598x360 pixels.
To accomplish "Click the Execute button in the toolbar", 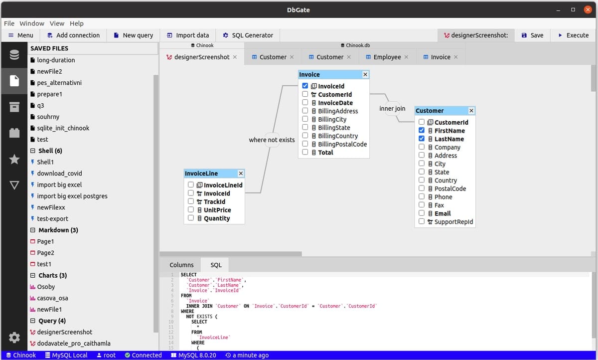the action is (x=573, y=35).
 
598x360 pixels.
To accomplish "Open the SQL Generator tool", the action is (x=248, y=35).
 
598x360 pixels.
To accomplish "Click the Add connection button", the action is (x=73, y=35).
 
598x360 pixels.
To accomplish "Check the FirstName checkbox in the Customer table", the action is (x=422, y=130).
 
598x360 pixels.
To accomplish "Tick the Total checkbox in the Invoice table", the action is (x=305, y=152).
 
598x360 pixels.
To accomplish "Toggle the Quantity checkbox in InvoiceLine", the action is (x=191, y=218).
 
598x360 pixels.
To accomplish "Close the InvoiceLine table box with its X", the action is (x=241, y=174).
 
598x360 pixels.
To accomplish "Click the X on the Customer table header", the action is (x=471, y=111).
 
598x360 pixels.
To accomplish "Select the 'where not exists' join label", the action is (x=272, y=140).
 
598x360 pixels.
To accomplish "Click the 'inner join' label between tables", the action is (x=392, y=108).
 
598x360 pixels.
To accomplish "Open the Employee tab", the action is (x=387, y=57).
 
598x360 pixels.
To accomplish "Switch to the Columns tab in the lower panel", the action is (x=181, y=265).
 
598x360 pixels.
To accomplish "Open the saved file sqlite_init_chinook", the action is (x=63, y=128).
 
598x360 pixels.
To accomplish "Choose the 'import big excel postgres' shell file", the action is (x=72, y=196).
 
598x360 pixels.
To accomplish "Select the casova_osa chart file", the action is (x=52, y=298).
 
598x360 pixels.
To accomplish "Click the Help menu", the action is (x=77, y=23).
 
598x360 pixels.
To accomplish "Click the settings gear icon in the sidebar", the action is (x=14, y=338).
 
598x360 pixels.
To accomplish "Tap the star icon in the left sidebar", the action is (x=14, y=159).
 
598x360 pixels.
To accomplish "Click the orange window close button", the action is (x=588, y=9).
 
